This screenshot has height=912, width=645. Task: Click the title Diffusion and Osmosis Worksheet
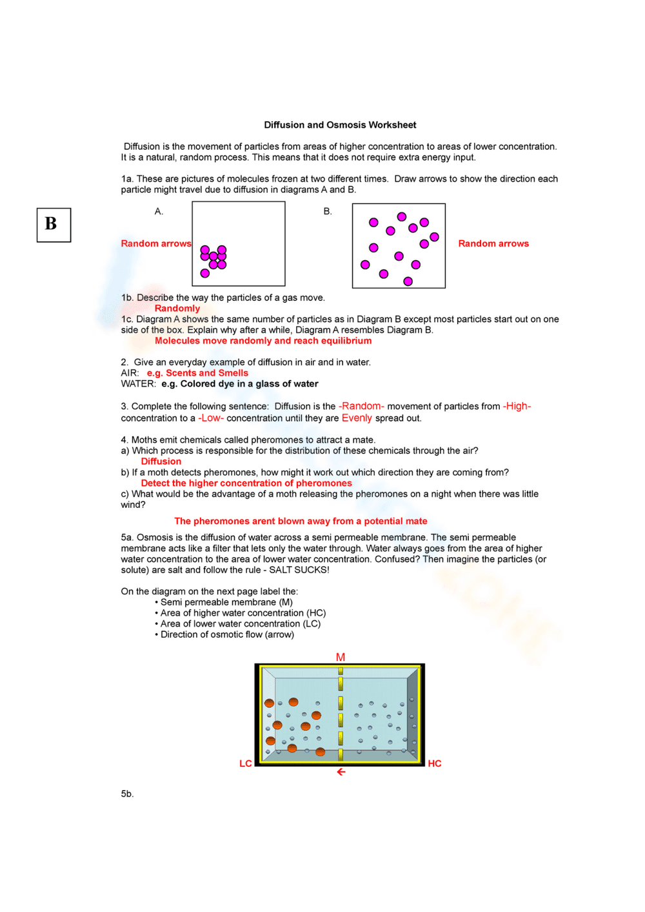(340, 125)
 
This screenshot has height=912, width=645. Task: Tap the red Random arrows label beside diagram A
(156, 243)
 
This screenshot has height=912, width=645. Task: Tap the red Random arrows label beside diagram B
(493, 243)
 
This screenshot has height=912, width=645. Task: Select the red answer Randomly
(177, 309)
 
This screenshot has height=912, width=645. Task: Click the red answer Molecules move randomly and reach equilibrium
(263, 341)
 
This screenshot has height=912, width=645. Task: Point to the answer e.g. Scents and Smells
(197, 373)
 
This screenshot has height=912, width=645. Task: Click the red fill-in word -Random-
(361, 406)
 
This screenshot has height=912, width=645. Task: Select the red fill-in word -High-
(517, 406)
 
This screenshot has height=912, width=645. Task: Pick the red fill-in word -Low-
(211, 418)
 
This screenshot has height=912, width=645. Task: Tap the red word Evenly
(357, 418)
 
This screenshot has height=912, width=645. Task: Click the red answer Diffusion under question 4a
(161, 461)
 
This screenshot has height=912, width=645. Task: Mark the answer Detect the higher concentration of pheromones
(246, 483)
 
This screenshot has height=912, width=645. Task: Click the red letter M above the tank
(341, 657)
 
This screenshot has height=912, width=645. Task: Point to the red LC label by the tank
(246, 764)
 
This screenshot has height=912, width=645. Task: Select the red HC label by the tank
(435, 764)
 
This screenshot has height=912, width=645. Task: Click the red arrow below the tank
(341, 772)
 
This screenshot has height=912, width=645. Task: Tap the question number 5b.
(127, 794)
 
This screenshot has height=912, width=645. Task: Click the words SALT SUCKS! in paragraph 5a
(299, 570)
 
